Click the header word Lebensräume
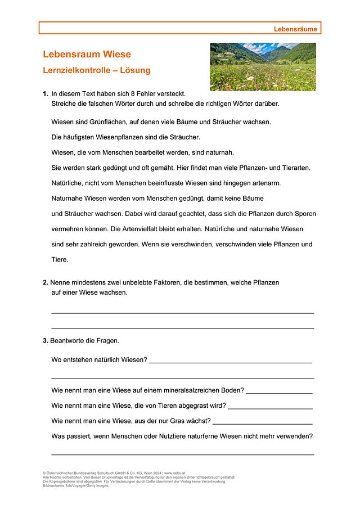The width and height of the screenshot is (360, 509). (295, 29)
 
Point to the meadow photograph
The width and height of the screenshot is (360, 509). (263, 66)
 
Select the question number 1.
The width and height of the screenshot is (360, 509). (45, 94)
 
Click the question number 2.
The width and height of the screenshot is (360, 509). (45, 282)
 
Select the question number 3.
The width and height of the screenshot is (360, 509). (45, 341)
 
